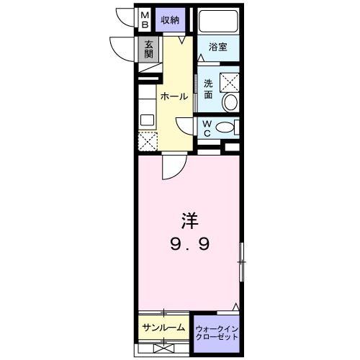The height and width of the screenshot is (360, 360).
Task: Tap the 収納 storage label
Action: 170,19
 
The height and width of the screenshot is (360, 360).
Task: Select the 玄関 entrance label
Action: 149,49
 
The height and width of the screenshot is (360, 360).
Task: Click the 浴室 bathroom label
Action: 218,48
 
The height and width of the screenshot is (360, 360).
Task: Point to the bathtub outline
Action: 217,20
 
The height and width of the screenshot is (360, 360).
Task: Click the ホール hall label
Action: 174,96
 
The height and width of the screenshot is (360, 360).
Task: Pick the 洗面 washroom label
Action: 208,88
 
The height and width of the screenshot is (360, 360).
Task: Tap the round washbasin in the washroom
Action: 230,102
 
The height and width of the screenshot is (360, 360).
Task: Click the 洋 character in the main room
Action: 189,217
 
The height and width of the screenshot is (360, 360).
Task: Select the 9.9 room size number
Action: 189,245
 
